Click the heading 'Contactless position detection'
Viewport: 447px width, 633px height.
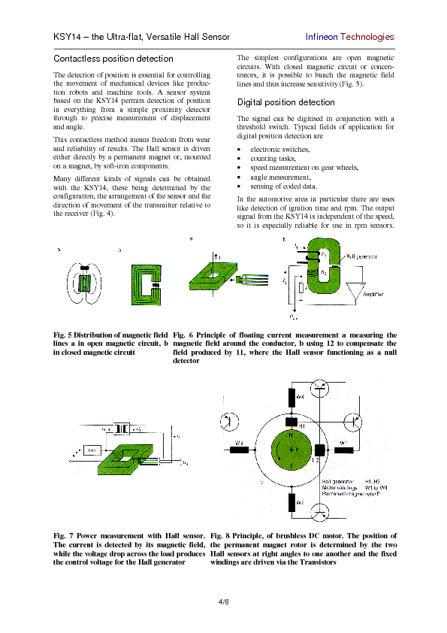click(x=113, y=59)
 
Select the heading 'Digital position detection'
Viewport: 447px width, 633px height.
click(x=286, y=102)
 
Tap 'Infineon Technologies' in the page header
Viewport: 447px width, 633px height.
click(x=349, y=37)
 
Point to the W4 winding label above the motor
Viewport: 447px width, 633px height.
click(x=299, y=396)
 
